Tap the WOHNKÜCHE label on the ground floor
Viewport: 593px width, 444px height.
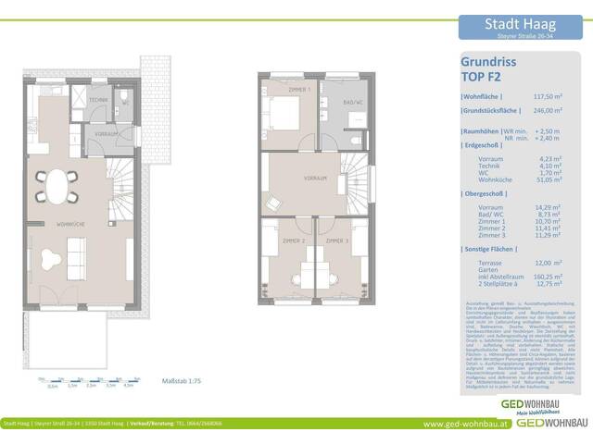pyautogui.click(x=71, y=225)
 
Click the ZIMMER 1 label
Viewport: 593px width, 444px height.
pyautogui.click(x=299, y=90)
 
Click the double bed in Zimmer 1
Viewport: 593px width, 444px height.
pyautogui.click(x=282, y=115)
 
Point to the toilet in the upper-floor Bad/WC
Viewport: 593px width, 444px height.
pyautogui.click(x=357, y=139)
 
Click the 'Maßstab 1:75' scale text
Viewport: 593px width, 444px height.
pyautogui.click(x=182, y=381)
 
